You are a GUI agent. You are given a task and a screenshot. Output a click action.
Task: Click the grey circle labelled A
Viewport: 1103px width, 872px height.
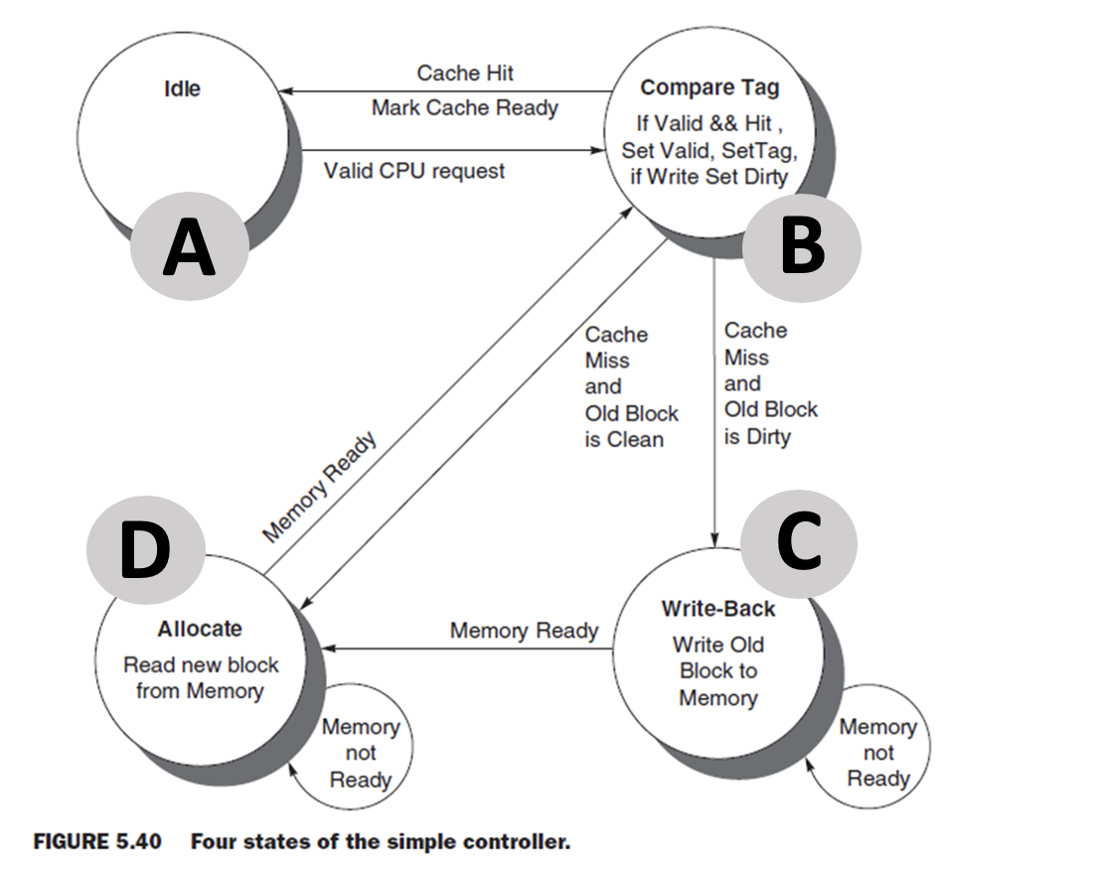(x=189, y=248)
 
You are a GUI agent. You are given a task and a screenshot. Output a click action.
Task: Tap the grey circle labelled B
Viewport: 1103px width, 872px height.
(x=802, y=248)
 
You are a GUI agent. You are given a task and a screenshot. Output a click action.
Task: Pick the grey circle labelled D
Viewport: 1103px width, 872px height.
(x=145, y=551)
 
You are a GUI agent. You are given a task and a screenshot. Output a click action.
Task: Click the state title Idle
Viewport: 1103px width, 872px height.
(x=182, y=88)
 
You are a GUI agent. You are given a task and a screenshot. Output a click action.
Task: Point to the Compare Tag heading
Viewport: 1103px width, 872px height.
(x=709, y=87)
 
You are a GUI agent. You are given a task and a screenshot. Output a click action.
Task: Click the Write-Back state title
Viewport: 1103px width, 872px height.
(x=717, y=609)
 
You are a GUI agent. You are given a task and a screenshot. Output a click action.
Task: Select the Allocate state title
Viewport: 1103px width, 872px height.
(x=200, y=629)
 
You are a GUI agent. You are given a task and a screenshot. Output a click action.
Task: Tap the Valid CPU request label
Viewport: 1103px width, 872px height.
(x=414, y=171)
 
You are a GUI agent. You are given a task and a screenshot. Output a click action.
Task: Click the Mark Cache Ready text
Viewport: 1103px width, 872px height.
(x=464, y=107)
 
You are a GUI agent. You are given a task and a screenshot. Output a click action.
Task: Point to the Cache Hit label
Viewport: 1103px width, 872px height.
(x=465, y=73)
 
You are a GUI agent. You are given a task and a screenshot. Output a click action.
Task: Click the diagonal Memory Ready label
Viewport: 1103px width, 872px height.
(x=320, y=488)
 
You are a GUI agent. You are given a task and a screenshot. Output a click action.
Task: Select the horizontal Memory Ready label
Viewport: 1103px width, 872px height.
(x=524, y=631)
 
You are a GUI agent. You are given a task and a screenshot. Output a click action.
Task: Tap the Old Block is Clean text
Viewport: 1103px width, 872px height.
(x=630, y=426)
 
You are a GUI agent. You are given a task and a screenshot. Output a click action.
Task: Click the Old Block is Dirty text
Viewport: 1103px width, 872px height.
(x=770, y=423)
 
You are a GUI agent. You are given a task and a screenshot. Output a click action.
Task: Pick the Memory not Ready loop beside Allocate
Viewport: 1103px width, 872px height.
(x=360, y=753)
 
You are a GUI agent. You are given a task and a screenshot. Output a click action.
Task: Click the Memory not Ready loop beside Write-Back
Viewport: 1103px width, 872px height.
(x=877, y=752)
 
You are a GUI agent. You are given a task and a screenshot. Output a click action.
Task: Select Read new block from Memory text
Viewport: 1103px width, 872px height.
(x=201, y=677)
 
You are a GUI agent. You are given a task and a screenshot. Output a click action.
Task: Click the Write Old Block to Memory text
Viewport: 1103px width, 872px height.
(x=717, y=671)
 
